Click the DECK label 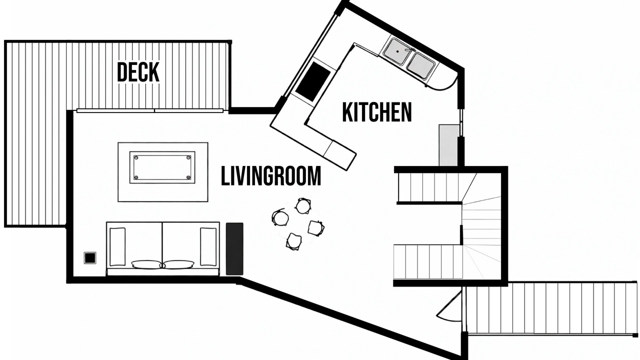point(138,72)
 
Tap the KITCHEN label point(377,112)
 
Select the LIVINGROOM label point(271,176)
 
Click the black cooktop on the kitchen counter point(313,81)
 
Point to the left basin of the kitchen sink point(396,51)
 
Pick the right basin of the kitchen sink point(419,65)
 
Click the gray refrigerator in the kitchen point(448,145)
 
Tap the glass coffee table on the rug point(162,167)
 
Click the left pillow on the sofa point(147,264)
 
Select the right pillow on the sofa point(179,264)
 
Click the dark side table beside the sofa point(234,249)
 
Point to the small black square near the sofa point(90,258)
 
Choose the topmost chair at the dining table point(303,205)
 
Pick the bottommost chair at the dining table point(294,241)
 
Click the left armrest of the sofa point(117,246)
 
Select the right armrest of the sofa point(208,246)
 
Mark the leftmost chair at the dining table point(280,217)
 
